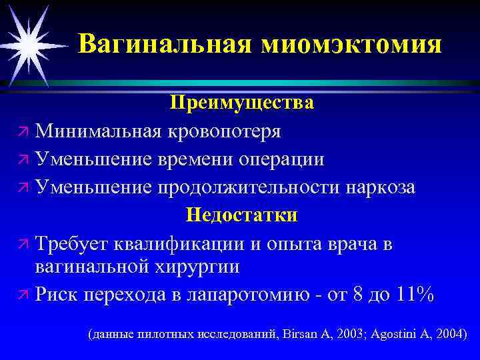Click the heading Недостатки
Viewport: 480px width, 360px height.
pos(241,215)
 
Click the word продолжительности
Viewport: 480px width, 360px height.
pos(249,187)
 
